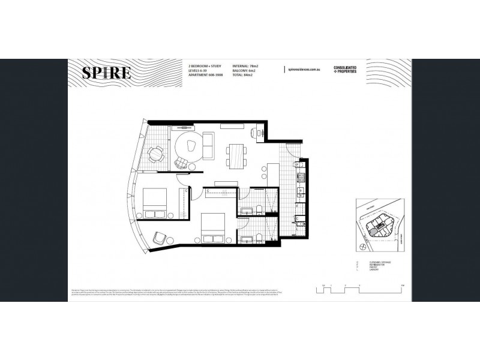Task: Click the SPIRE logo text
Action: [x=106, y=74]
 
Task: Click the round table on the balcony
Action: [x=155, y=154]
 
